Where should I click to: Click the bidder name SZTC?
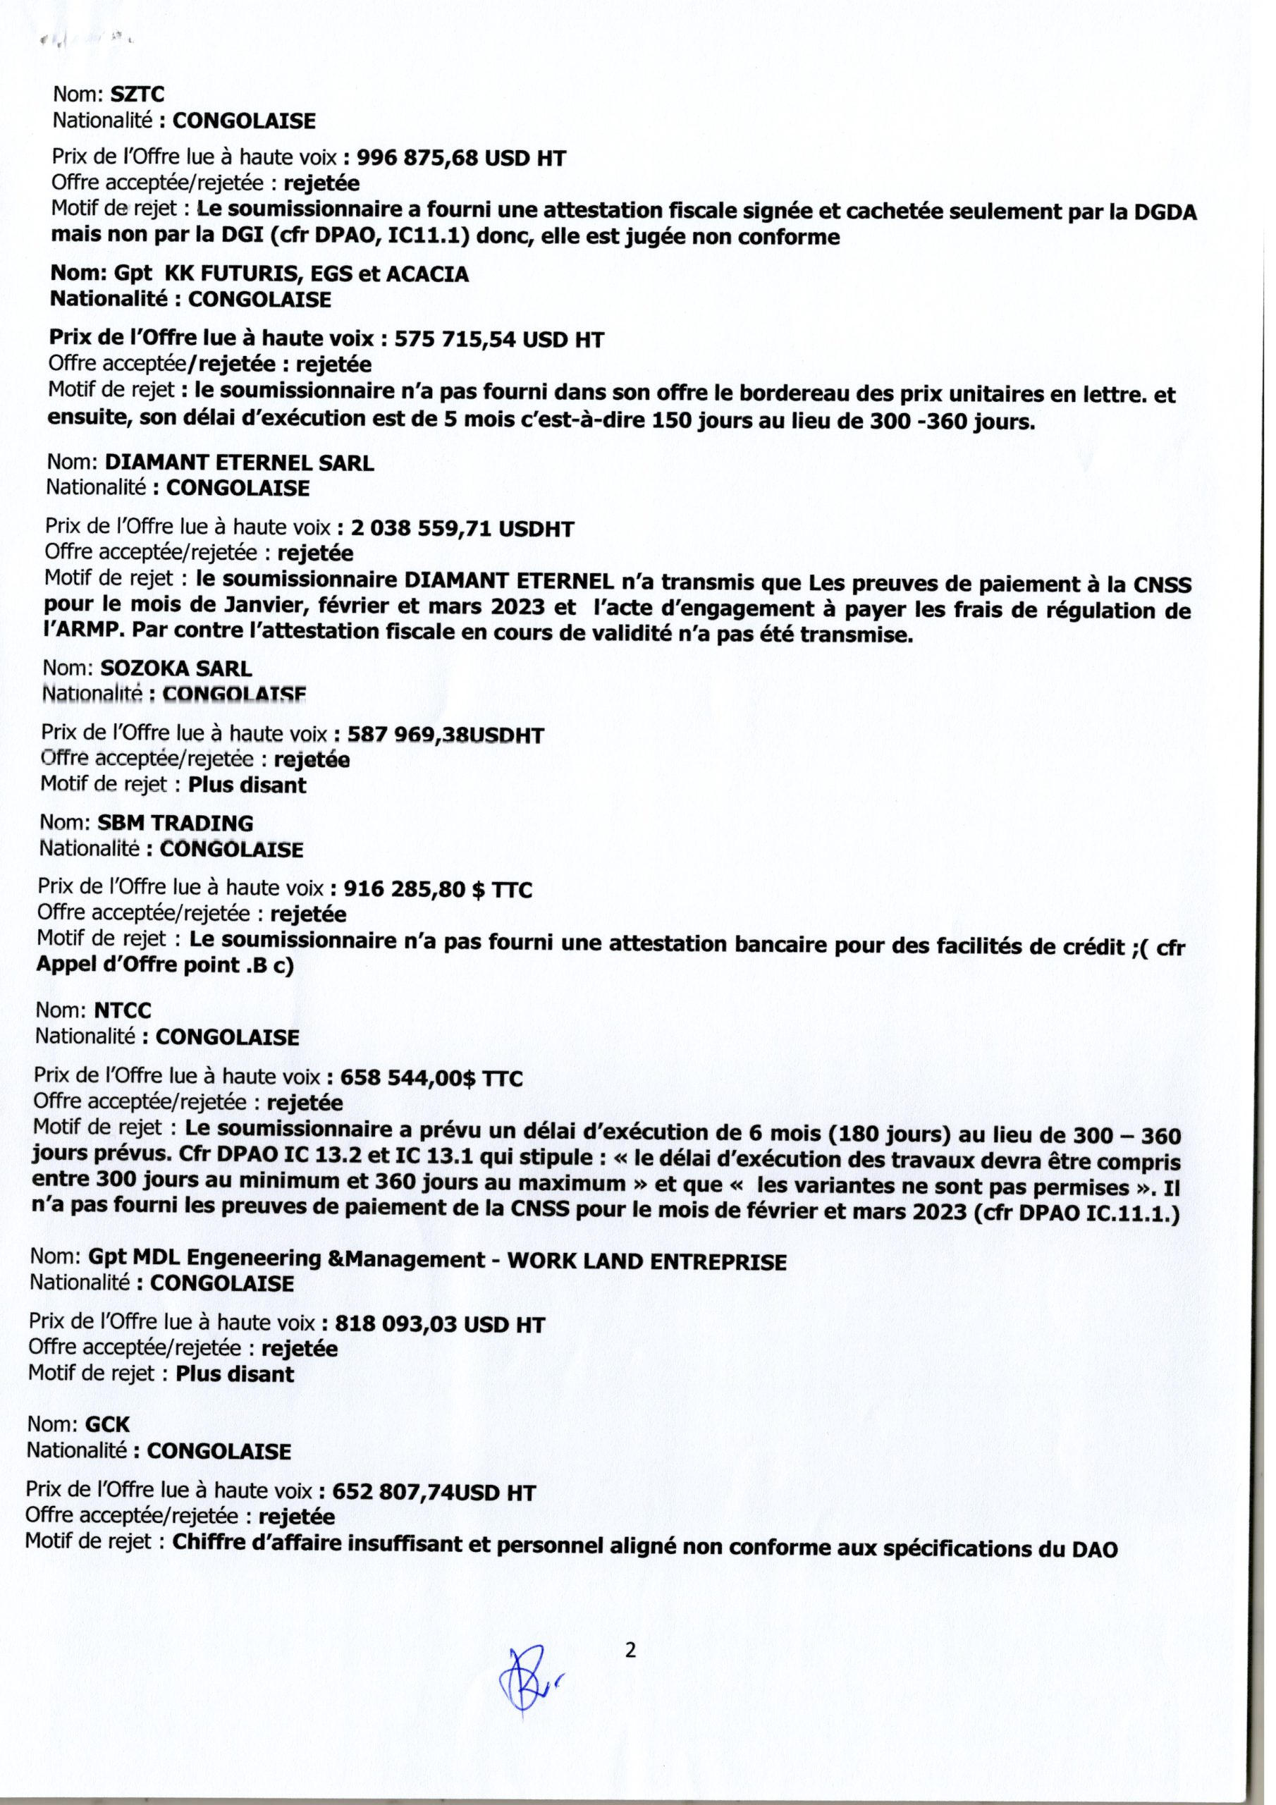(137, 96)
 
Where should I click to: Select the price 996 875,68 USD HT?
(462, 159)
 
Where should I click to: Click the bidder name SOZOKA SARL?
(176, 669)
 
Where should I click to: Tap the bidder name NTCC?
(123, 1010)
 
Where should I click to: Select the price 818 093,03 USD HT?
(439, 1325)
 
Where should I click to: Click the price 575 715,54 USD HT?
(498, 340)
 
